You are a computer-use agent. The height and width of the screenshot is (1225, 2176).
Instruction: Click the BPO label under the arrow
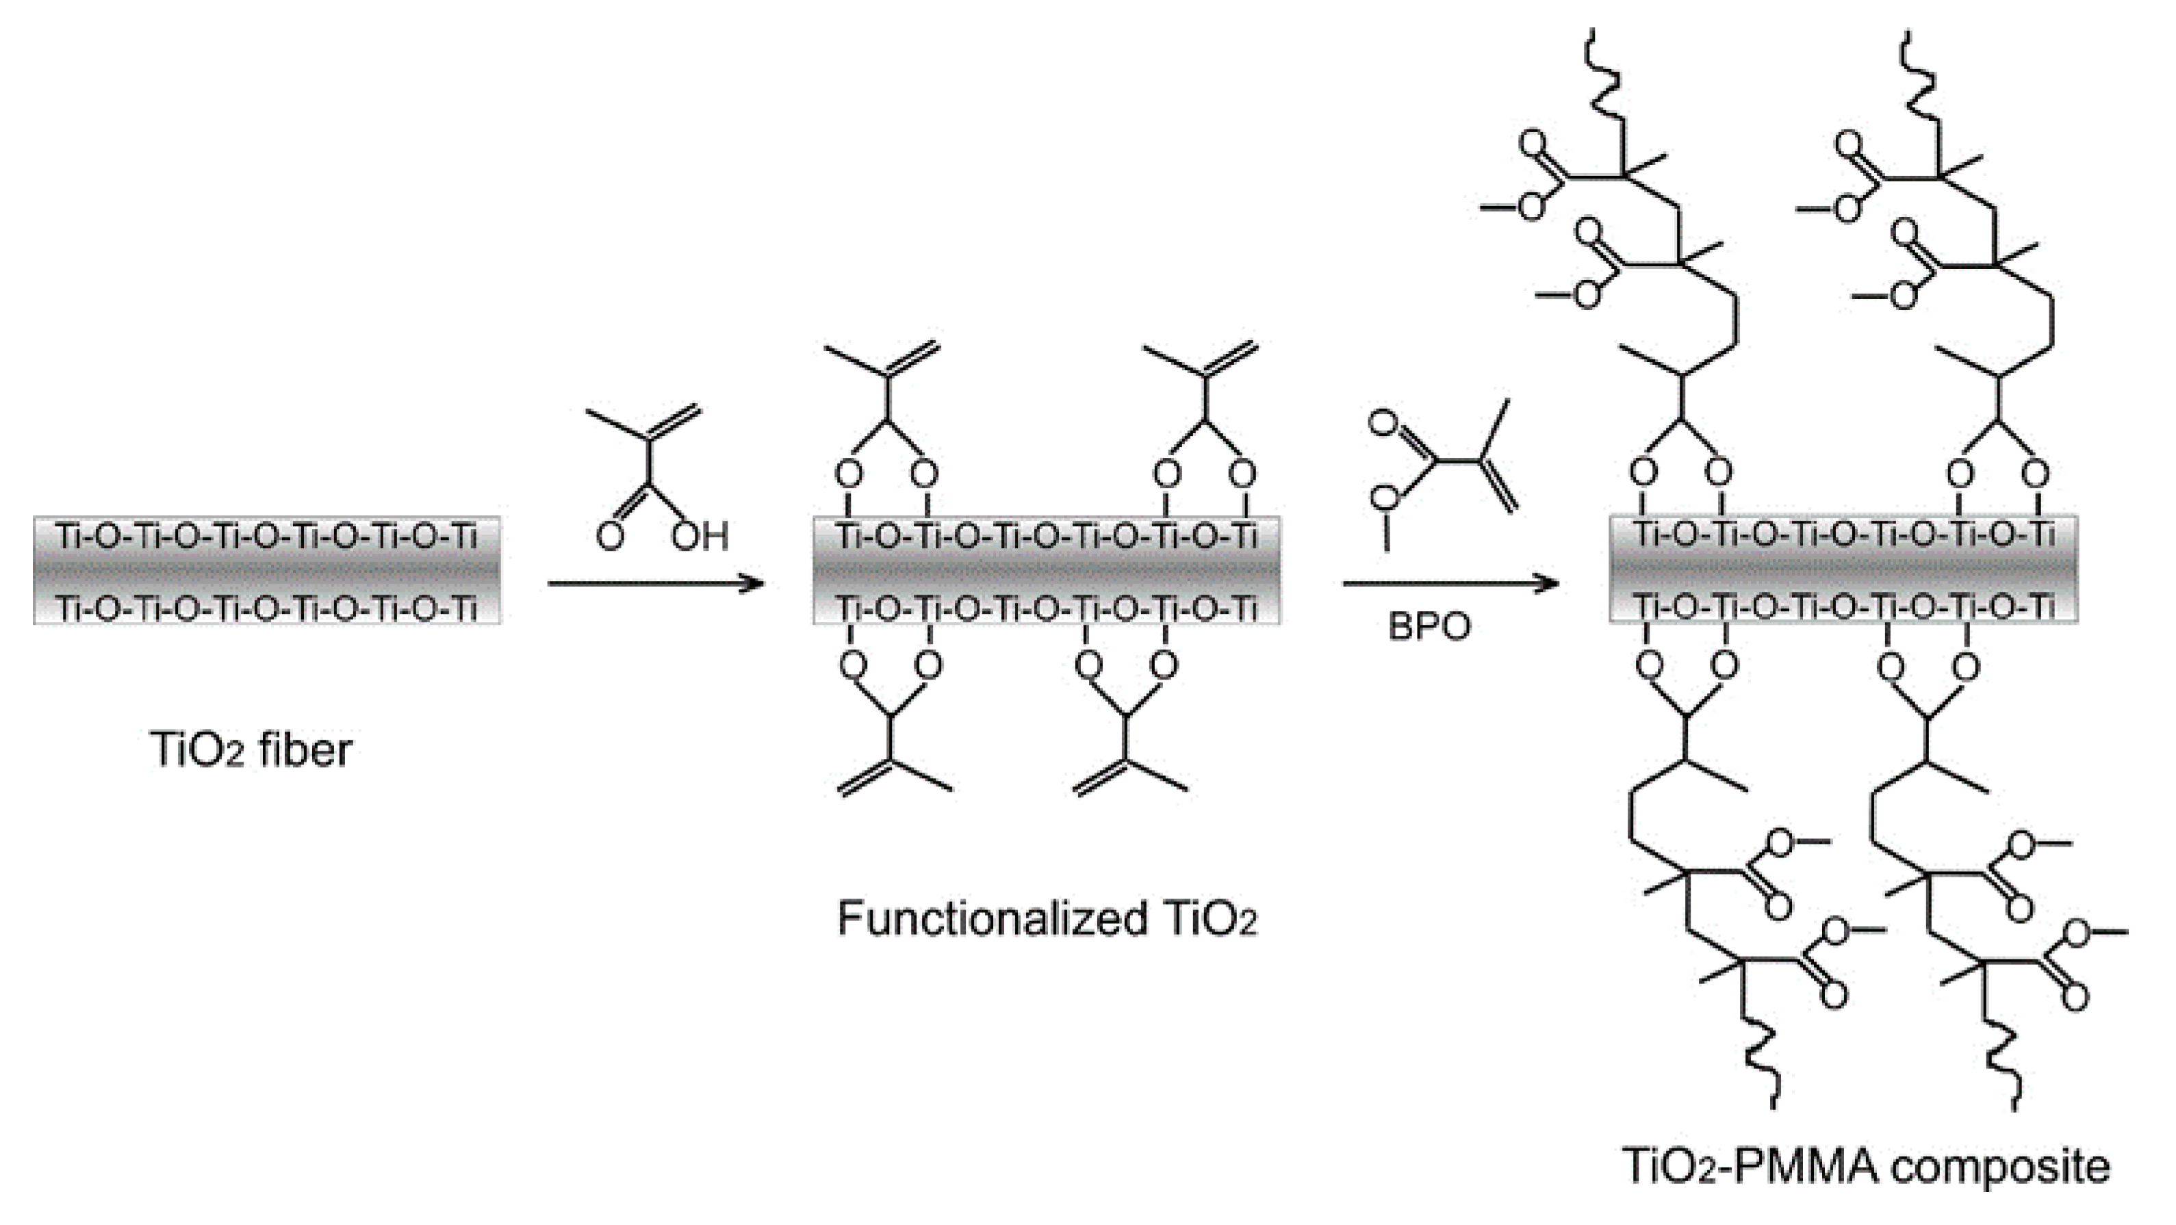[x=1429, y=627]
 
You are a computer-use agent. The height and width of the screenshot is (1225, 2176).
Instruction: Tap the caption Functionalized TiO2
[x=1047, y=919]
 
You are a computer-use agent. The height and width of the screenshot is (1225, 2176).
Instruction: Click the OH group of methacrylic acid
[x=700, y=536]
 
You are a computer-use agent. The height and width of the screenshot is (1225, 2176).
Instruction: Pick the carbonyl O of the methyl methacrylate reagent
[x=1382, y=422]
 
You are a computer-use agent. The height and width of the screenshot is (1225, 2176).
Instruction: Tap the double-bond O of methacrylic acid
[x=610, y=536]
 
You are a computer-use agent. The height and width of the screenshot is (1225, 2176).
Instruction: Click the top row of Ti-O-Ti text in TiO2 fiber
[x=267, y=537]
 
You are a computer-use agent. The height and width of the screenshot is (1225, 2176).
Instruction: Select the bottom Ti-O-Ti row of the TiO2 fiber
[x=267, y=608]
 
